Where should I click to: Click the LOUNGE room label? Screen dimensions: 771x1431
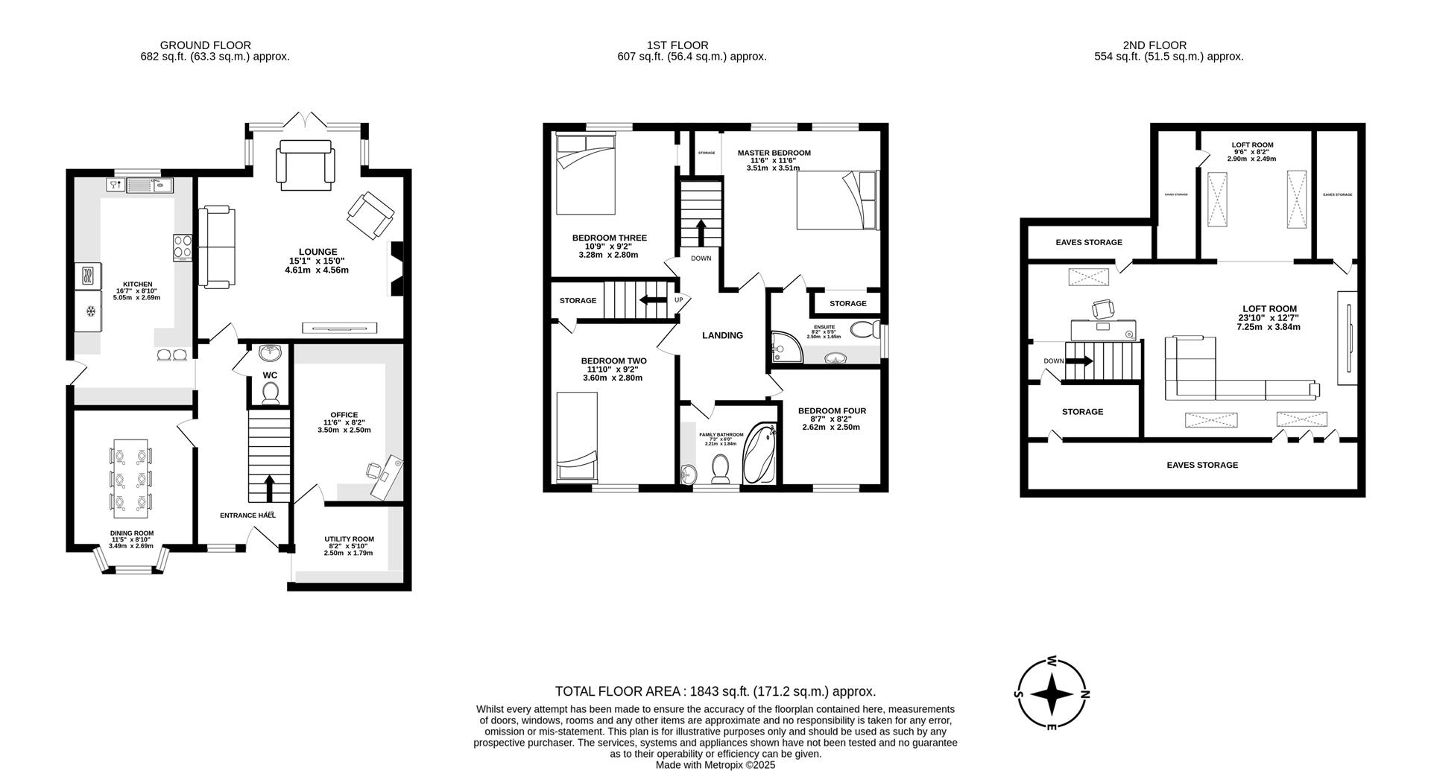pyautogui.click(x=318, y=252)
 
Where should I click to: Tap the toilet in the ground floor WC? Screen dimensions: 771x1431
pyautogui.click(x=270, y=393)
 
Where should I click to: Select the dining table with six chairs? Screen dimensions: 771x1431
pyautogui.click(x=132, y=478)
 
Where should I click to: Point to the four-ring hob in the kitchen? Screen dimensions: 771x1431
pyautogui.click(x=183, y=247)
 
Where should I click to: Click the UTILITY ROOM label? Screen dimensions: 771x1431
pyautogui.click(x=349, y=539)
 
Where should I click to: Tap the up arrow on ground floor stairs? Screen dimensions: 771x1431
pyautogui.click(x=268, y=488)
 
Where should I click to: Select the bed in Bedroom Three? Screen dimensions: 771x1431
pyautogui.click(x=585, y=173)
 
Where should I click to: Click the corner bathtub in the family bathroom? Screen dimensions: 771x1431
pyautogui.click(x=760, y=453)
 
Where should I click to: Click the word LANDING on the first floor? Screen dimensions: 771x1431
pyautogui.click(x=722, y=335)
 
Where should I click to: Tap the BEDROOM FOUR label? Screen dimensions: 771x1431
pyautogui.click(x=832, y=410)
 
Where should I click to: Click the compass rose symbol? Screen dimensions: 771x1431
pyautogui.click(x=1052, y=694)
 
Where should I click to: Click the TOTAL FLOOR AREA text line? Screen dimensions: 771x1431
pyautogui.click(x=715, y=691)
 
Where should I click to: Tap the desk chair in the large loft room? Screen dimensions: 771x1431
pyautogui.click(x=1102, y=308)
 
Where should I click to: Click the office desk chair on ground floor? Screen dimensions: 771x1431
pyautogui.click(x=375, y=469)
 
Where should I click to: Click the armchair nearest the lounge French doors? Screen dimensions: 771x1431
pyautogui.click(x=305, y=163)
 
